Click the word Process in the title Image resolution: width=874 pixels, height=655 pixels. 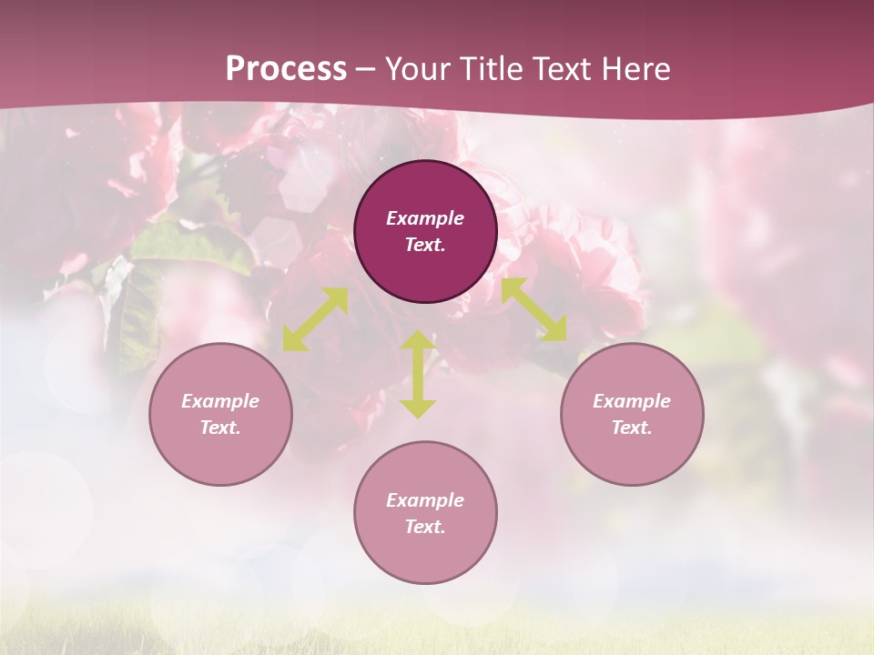tap(286, 69)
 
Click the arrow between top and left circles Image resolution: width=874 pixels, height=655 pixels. tap(315, 319)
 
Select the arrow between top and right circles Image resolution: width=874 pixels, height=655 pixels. tap(534, 309)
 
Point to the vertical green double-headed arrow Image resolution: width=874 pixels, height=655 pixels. tap(418, 374)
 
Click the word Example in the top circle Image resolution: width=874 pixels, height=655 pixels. tap(425, 218)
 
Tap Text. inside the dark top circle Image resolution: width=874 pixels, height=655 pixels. tap(425, 245)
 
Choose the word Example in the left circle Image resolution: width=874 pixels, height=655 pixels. tap(220, 401)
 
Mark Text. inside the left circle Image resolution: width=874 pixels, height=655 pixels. tap(220, 428)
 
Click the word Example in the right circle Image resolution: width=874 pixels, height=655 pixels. tap(632, 401)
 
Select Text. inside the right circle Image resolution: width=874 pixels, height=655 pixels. tap(632, 428)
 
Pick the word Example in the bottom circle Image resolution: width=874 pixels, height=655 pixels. tap(425, 500)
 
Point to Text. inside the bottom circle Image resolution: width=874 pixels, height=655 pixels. tap(425, 527)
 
